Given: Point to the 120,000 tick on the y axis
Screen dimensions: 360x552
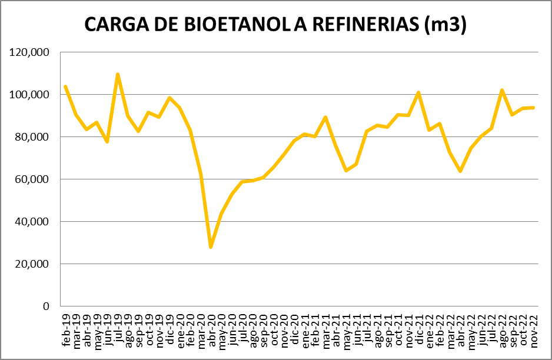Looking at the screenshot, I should pos(29,52).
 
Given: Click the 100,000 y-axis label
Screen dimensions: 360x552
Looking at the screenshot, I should pos(29,95).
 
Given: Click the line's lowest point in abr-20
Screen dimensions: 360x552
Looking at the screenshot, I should pos(211,247).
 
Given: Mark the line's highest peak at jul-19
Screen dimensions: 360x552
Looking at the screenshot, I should pos(118,74).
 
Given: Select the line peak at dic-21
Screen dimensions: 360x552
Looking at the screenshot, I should pos(418,92).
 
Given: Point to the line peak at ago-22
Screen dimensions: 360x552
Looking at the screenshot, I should pos(501,90).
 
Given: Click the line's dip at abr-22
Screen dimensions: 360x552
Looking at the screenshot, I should pos(460,171).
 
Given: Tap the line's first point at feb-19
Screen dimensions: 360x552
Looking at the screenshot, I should pos(65,86).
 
